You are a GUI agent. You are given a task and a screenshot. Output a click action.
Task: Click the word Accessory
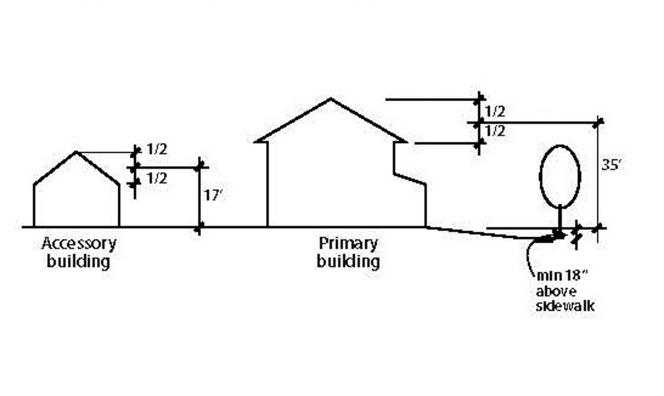tap(78, 244)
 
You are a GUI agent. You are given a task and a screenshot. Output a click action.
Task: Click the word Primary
tap(347, 243)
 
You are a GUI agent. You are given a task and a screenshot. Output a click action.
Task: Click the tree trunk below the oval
tap(559, 219)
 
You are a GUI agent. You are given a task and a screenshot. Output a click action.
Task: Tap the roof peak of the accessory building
tap(76, 152)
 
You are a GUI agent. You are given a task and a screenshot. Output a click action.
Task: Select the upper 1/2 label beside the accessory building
tap(157, 150)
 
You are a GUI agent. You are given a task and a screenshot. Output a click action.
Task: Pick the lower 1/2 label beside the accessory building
tap(157, 179)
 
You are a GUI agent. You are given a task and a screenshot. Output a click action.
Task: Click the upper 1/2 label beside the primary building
tap(495, 111)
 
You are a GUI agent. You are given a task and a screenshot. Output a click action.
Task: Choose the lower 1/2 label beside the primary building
tap(495, 131)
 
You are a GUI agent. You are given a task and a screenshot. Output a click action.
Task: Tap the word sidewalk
tap(565, 306)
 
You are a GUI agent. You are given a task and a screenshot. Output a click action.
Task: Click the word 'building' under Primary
tap(348, 261)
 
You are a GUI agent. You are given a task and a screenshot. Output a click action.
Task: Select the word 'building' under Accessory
tap(78, 261)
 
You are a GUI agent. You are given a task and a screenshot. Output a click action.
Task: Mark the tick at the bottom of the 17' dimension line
tap(199, 229)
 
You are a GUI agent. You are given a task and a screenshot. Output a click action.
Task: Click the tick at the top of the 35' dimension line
tap(597, 123)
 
